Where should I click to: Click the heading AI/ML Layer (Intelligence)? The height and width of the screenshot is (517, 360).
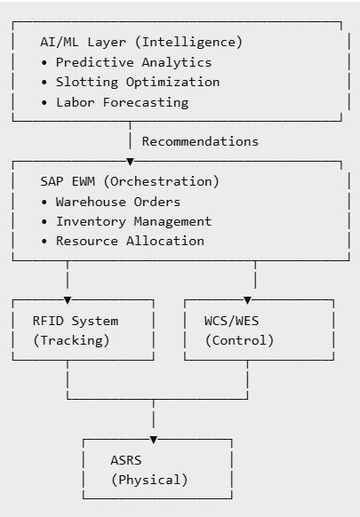[x=140, y=42]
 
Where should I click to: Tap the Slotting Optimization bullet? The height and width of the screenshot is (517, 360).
[x=137, y=82]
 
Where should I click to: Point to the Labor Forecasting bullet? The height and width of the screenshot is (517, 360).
[x=122, y=102]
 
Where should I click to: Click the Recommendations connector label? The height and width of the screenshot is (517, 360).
[x=200, y=141]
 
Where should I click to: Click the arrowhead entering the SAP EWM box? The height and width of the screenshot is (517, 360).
[x=131, y=161]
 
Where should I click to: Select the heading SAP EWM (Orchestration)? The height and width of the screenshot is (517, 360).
[x=130, y=181]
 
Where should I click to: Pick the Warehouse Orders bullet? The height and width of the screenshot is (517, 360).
[x=117, y=202]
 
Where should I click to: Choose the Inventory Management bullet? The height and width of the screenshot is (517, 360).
[x=133, y=221]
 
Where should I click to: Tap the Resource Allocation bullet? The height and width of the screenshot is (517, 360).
[x=130, y=241]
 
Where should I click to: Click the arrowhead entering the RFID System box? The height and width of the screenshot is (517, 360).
[x=68, y=299]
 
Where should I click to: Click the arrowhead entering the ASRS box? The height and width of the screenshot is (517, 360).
[x=153, y=439]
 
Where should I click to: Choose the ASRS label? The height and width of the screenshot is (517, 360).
[x=126, y=460]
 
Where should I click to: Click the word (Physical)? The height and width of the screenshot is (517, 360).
[x=149, y=480]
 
